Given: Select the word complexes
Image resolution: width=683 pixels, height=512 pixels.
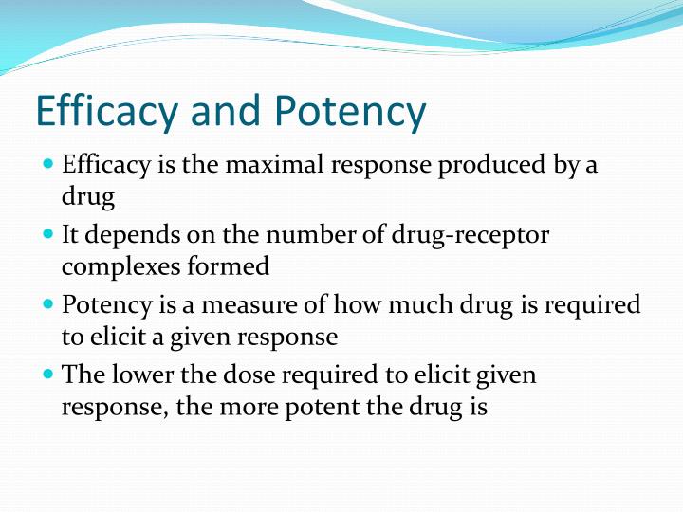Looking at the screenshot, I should (x=119, y=267).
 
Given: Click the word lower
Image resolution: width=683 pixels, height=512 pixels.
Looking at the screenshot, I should (x=139, y=374).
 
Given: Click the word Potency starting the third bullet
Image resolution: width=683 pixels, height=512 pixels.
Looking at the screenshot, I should (x=103, y=305).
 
